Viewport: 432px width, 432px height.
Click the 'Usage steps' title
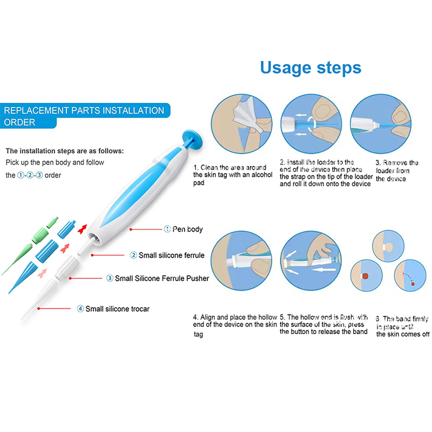[310, 68]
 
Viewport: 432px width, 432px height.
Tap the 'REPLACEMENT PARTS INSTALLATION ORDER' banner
[84, 116]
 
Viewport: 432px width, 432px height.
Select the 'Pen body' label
[187, 230]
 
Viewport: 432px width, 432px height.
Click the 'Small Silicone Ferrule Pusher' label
[165, 279]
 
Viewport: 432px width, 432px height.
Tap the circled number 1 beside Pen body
[167, 230]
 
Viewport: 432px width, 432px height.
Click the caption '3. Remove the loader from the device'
[397, 171]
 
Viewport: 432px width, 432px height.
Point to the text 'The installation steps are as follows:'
[65, 151]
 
